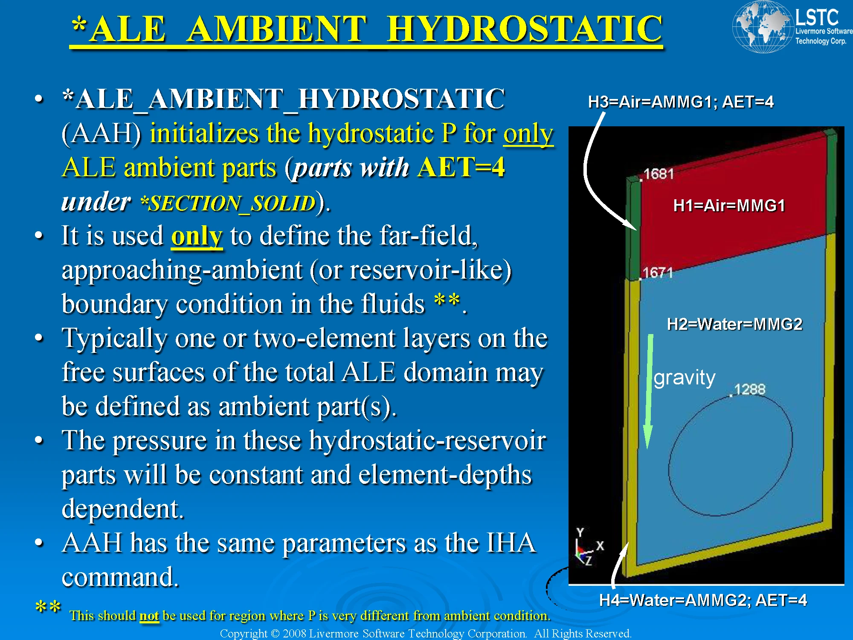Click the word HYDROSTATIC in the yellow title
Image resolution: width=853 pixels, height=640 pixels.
click(x=525, y=29)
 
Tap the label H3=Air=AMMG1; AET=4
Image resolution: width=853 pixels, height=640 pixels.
click(x=680, y=102)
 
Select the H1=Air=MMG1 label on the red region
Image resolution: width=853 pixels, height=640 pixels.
click(x=729, y=206)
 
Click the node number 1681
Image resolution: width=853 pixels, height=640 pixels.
click(x=659, y=174)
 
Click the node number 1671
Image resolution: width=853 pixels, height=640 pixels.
click(x=657, y=273)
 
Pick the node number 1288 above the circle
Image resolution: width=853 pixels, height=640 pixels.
click(x=749, y=389)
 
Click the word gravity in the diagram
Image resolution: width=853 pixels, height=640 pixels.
click(x=684, y=378)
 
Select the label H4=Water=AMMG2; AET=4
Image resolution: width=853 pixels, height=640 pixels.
click(x=703, y=600)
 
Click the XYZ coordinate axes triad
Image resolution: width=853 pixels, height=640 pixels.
click(x=586, y=548)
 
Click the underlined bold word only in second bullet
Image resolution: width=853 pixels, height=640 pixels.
click(x=197, y=236)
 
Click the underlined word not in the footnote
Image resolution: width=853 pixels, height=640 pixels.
click(x=149, y=616)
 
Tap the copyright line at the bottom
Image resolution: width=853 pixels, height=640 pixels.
click(x=425, y=634)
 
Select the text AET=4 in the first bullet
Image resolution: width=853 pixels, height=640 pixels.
click(x=461, y=167)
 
